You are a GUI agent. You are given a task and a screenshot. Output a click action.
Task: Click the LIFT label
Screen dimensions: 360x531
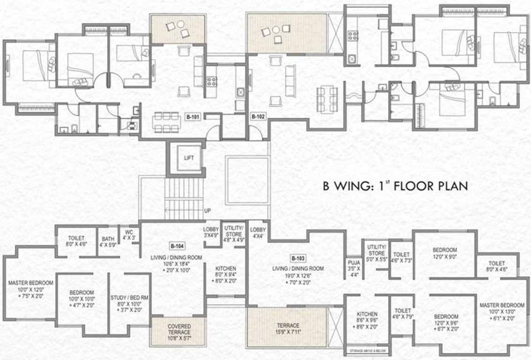(x=189, y=158)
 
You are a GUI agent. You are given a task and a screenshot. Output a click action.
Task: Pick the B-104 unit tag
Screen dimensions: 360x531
(x=176, y=246)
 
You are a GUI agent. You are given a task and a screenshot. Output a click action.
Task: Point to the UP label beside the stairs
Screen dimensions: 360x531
(x=207, y=211)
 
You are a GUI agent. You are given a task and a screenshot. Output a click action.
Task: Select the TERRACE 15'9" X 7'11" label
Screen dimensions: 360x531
(x=287, y=329)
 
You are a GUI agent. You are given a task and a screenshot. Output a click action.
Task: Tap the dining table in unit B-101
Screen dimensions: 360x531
(x=165, y=122)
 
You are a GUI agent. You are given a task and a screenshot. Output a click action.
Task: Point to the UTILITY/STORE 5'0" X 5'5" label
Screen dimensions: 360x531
(x=376, y=253)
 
